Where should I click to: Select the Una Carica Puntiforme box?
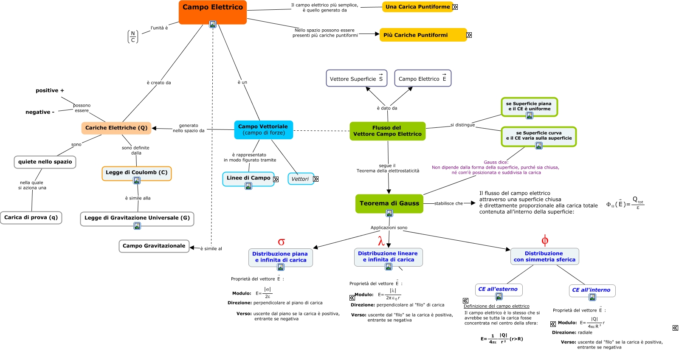click(417, 7)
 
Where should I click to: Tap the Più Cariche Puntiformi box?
click(423, 35)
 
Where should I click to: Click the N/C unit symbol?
click(133, 37)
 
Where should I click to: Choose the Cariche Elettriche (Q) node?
click(116, 128)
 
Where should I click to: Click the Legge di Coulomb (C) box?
click(136, 172)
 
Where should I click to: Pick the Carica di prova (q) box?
click(31, 217)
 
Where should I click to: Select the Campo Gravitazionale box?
click(154, 246)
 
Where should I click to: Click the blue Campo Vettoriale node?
click(263, 129)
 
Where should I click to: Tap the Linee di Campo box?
click(248, 178)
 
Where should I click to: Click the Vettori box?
click(300, 179)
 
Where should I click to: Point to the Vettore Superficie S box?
click(356, 79)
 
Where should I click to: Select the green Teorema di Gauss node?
click(389, 203)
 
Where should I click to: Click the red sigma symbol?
click(281, 242)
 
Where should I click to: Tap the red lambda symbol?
click(381, 242)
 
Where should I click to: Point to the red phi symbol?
click(545, 241)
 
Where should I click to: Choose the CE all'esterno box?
click(498, 289)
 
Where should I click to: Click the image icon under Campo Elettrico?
click(213, 24)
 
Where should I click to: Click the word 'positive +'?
click(50, 90)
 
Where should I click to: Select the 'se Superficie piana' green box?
click(529, 106)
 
